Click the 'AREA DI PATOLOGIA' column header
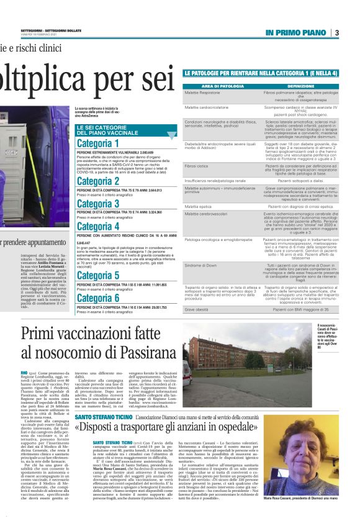coord(215,86)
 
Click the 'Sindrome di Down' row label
coord(200,265)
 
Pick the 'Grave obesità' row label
coord(197,309)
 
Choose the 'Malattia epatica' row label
coord(199,206)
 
